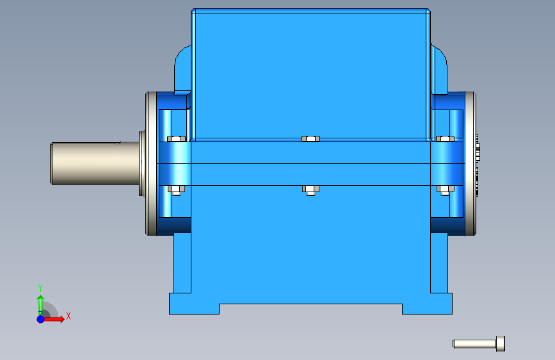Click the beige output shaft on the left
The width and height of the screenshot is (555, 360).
pos(95,163)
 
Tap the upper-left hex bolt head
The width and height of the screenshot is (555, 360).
pos(176,138)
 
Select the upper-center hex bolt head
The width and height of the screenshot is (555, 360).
pos(310,138)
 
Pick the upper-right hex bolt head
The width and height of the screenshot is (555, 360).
pos(446,138)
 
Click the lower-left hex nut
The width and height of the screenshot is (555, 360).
pos(176,190)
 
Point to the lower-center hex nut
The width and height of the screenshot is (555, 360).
pos(310,190)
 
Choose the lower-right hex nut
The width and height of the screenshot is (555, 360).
pos(446,190)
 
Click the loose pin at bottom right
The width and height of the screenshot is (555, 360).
pos(479,344)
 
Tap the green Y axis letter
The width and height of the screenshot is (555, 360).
pos(40,288)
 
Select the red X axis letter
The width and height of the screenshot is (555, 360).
pos(68,316)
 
